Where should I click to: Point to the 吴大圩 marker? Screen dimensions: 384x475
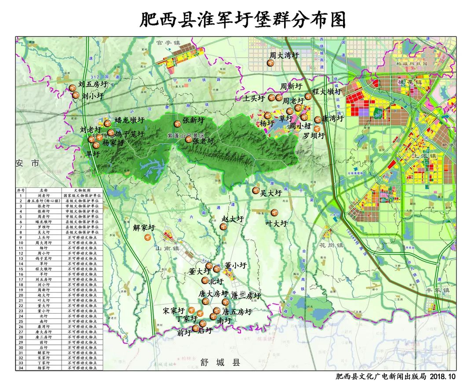pos(256,190)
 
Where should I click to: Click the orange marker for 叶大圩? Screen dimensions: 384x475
pos(274,212)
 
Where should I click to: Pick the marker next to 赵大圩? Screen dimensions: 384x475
pos(223,227)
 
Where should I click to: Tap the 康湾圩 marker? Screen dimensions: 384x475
pos(318,119)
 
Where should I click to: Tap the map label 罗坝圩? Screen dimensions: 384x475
pos(314,136)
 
